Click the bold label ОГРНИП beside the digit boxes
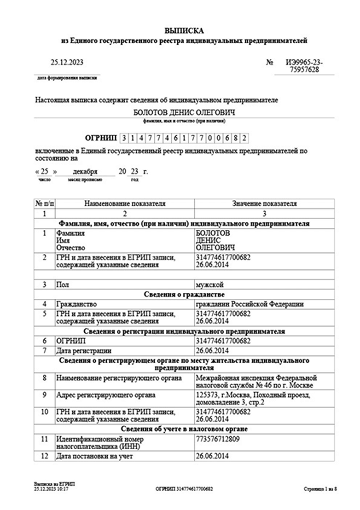100,137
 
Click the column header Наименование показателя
125,203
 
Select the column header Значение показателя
264,203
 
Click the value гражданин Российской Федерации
250,304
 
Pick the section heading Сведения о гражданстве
184,295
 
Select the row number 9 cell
44,395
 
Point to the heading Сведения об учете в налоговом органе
184,429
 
